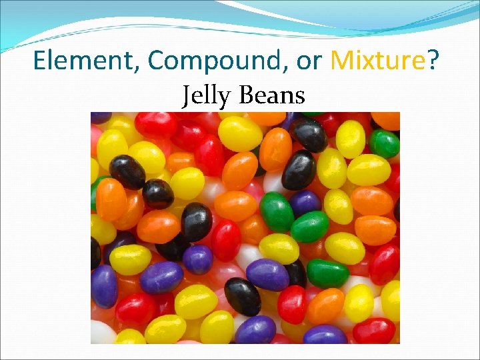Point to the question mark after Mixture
pos(433,61)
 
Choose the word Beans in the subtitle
pos(271,95)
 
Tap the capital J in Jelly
pos(187,95)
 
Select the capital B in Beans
pos(244,95)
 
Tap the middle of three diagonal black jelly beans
pos(158,194)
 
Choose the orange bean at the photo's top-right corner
pos(387,120)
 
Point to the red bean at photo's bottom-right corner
pos(374,330)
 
